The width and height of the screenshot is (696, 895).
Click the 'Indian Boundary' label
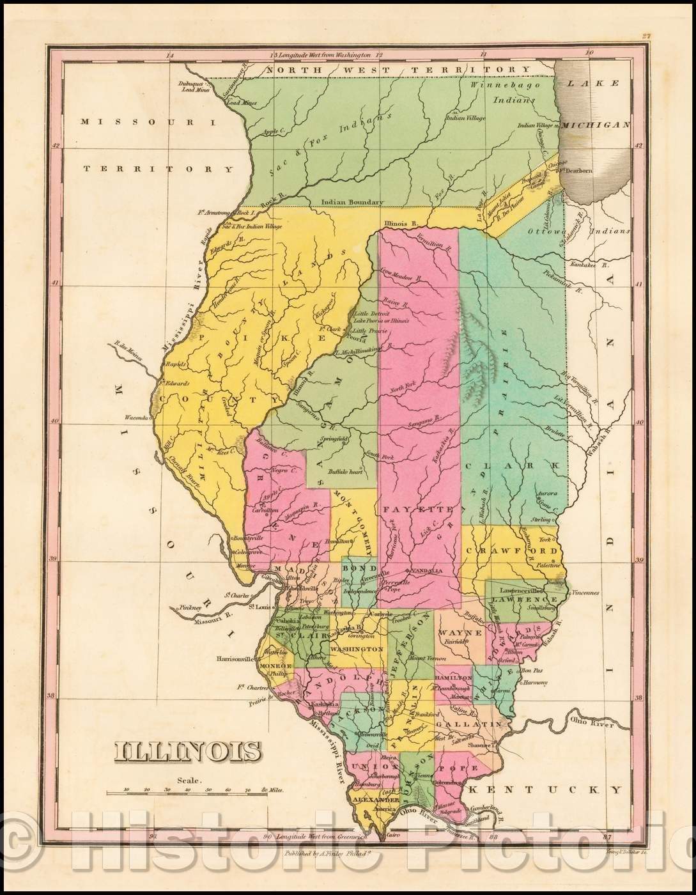pyautogui.click(x=353, y=202)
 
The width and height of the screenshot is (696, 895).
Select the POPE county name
pyautogui.click(x=468, y=768)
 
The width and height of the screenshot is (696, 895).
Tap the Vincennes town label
pyautogui.click(x=585, y=593)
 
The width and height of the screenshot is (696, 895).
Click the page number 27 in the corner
pyautogui.click(x=647, y=37)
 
